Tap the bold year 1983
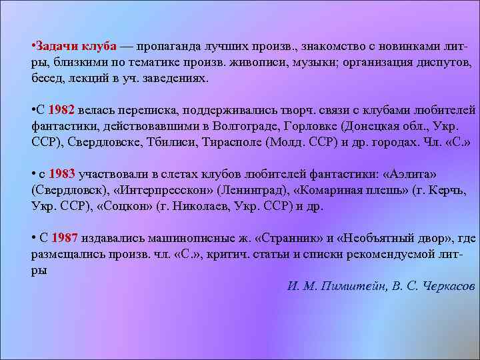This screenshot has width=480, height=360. (x=63, y=175)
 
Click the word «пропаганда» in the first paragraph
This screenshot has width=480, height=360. (x=170, y=47)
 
